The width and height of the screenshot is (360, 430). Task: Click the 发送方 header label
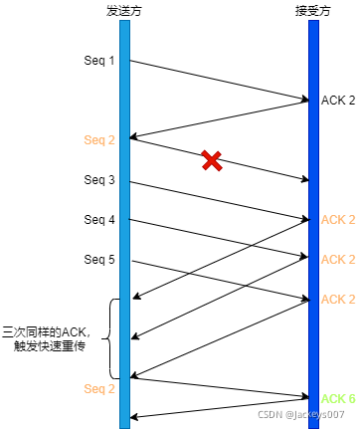[124, 10]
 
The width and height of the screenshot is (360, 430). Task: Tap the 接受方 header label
[313, 10]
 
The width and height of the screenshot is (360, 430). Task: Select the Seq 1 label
[98, 61]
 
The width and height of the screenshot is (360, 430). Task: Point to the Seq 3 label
[98, 180]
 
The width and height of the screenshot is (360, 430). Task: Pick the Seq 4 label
[98, 220]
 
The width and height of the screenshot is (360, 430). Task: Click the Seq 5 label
[98, 260]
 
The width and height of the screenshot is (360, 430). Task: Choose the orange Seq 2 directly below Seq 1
[98, 139]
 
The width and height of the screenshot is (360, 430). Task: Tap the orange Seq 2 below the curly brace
[98, 387]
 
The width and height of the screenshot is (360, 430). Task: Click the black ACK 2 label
[338, 101]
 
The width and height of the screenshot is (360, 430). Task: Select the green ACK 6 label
[338, 398]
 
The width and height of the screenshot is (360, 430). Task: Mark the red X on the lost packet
[211, 160]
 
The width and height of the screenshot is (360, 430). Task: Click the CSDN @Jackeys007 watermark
[301, 414]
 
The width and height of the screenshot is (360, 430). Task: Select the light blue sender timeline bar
[124, 219]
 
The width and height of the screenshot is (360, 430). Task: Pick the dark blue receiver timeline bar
[313, 219]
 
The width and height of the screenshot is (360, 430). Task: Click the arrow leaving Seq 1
[219, 80]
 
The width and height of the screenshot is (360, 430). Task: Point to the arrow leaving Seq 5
[219, 280]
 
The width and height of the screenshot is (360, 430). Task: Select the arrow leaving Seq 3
[219, 200]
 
